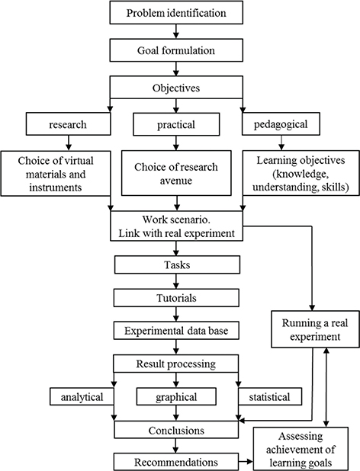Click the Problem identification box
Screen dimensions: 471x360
point(177,13)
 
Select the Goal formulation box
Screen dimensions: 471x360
point(177,51)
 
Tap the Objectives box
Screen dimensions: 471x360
point(177,88)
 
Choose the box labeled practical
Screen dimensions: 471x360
point(177,123)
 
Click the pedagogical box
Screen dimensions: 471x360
point(288,123)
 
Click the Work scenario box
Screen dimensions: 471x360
point(177,223)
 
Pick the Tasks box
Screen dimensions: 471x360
point(177,264)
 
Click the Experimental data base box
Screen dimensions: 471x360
point(177,331)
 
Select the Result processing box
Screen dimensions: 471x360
point(177,364)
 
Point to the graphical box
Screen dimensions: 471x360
point(177,397)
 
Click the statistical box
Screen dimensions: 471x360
point(269,397)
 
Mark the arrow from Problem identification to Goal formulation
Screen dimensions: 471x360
point(177,32)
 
